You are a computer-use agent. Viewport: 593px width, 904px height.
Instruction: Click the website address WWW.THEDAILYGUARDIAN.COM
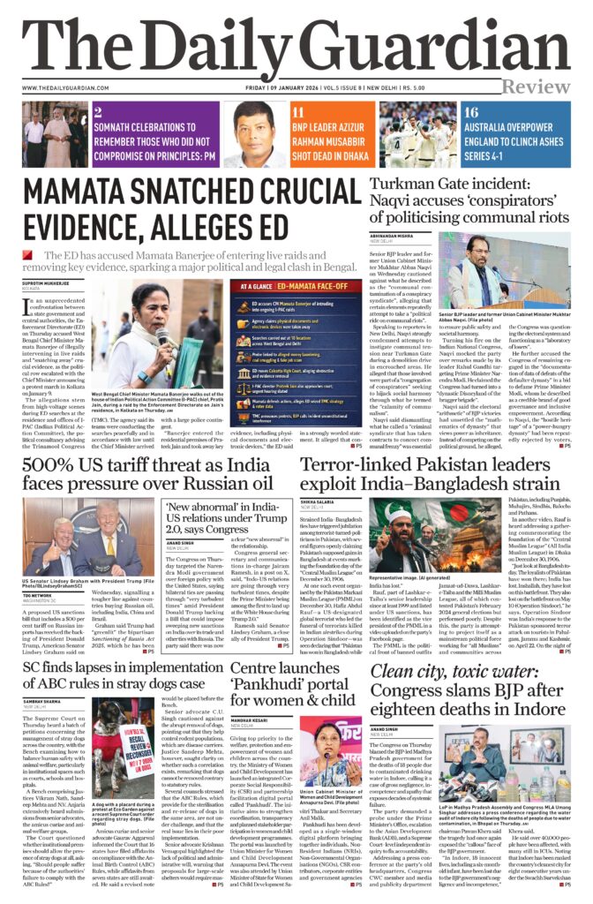[x=64, y=88]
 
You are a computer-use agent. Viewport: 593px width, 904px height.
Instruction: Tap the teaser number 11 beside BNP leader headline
[x=298, y=112]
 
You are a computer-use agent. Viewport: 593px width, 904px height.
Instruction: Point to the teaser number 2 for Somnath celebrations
[x=99, y=112]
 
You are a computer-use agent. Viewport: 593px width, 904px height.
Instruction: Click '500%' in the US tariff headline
[x=56, y=469]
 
